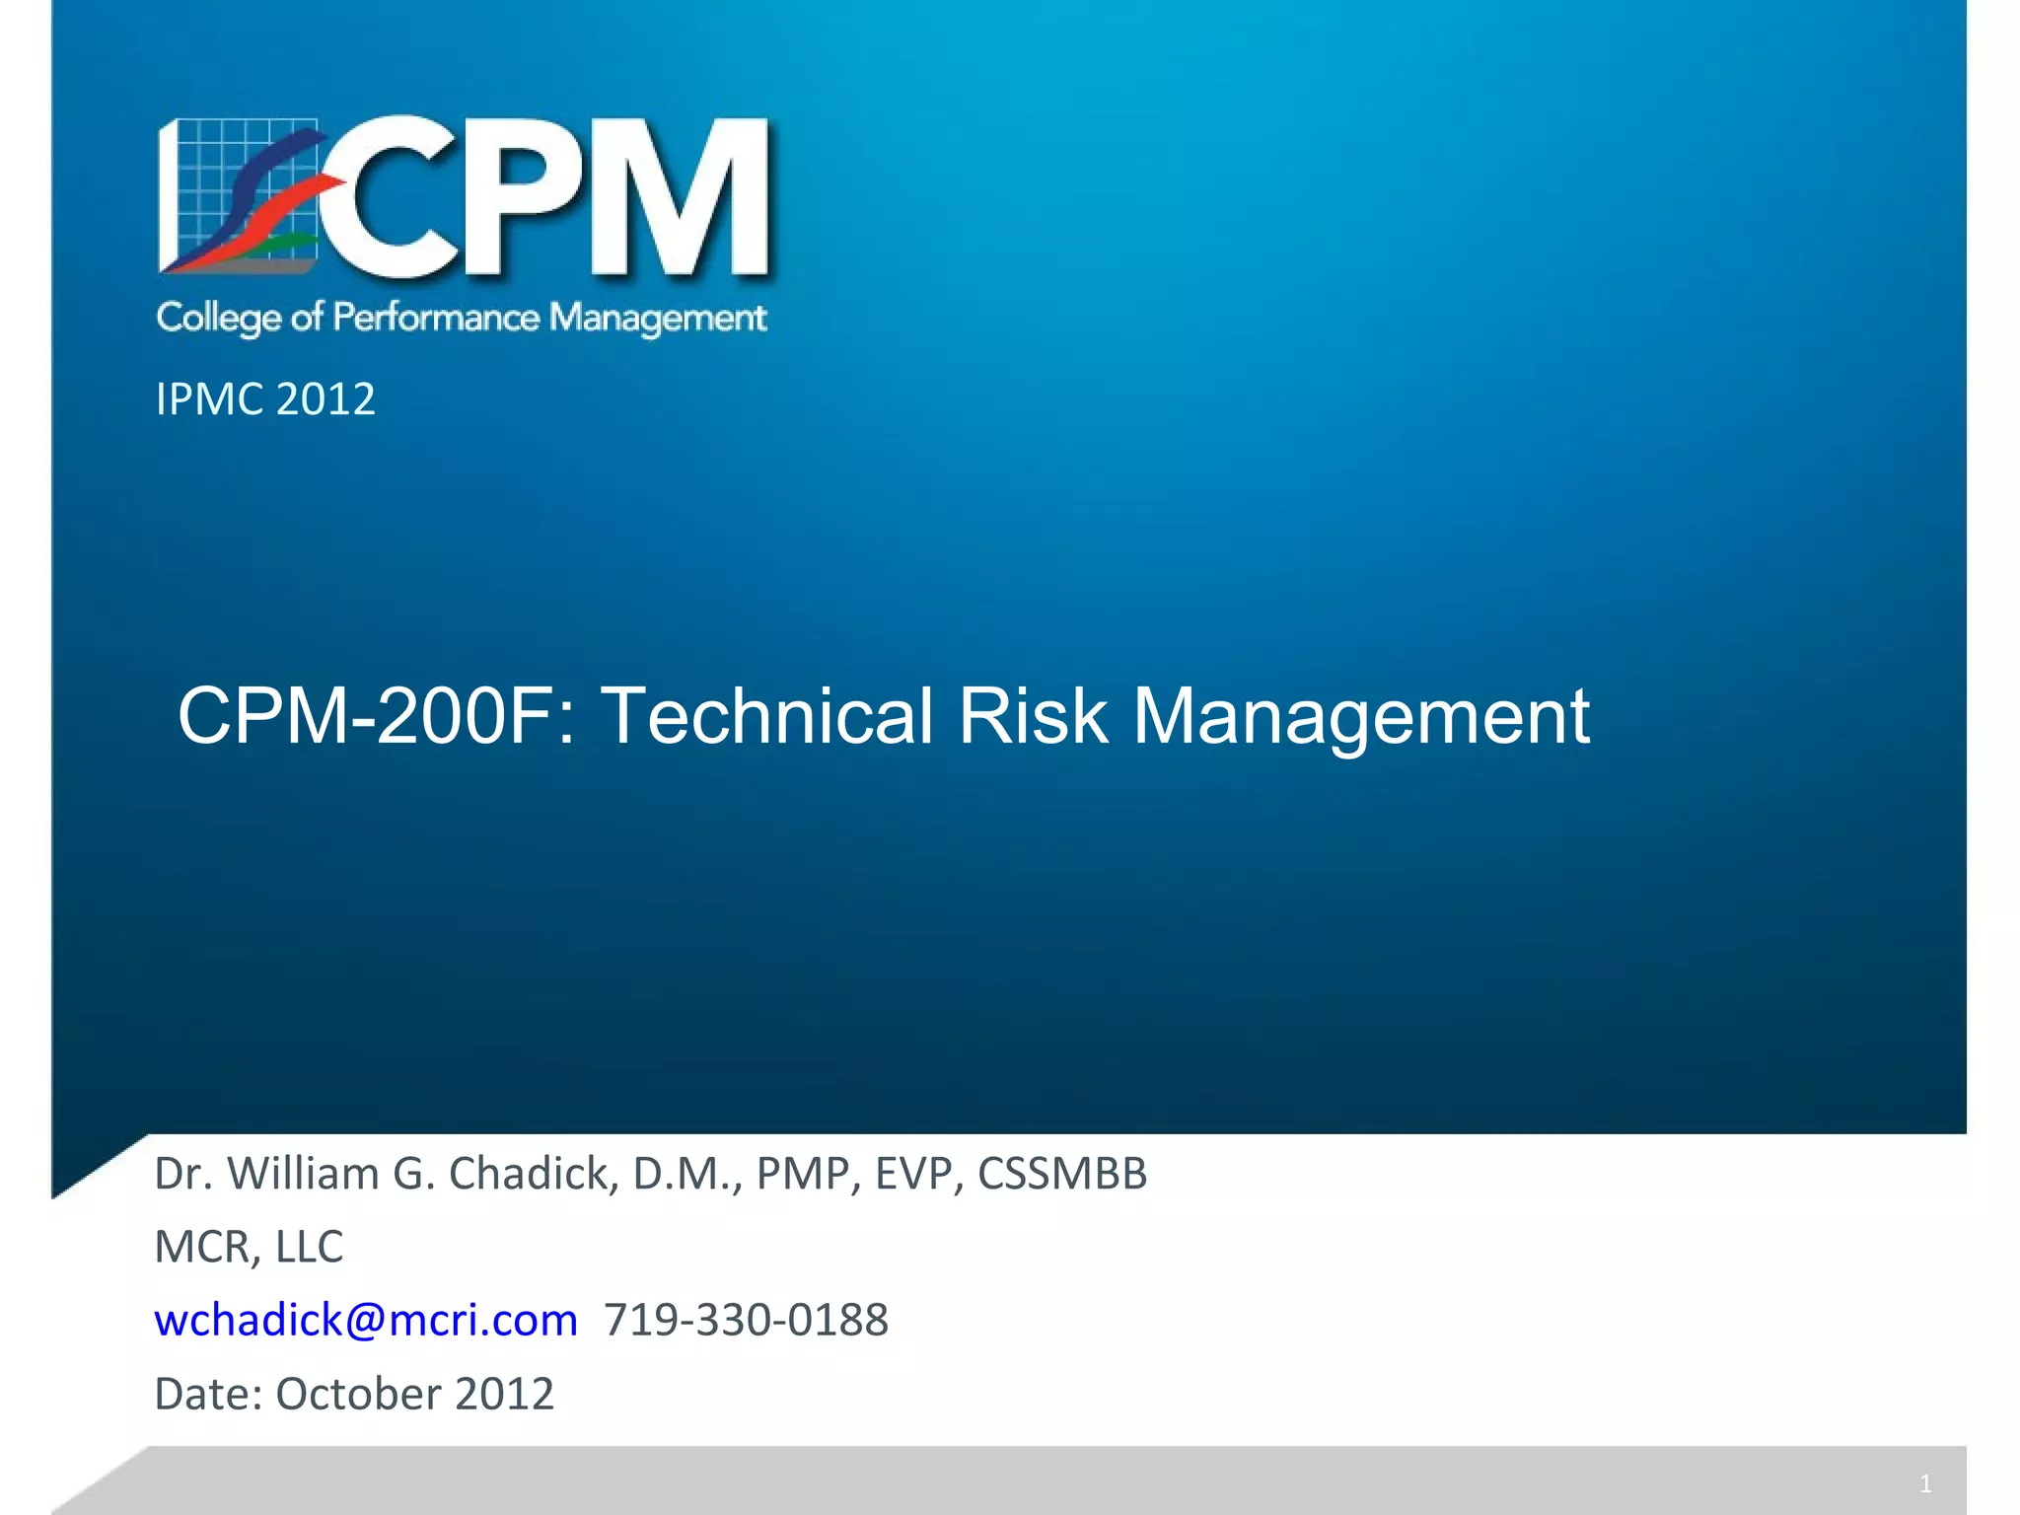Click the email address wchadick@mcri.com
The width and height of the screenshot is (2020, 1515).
pos(366,1320)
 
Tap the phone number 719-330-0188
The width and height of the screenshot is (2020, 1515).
pos(746,1320)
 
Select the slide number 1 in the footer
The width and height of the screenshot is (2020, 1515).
pos(1925,1483)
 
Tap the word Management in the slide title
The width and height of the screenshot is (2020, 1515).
pos(1361,717)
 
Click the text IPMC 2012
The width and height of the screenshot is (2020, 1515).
pos(265,399)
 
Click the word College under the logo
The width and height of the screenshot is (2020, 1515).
pos(218,318)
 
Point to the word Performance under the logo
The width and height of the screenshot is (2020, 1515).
pos(436,317)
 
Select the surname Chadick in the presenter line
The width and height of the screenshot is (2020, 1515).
pos(534,1174)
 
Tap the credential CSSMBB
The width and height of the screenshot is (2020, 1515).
pos(1062,1174)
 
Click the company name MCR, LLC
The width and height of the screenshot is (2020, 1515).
pos(249,1247)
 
